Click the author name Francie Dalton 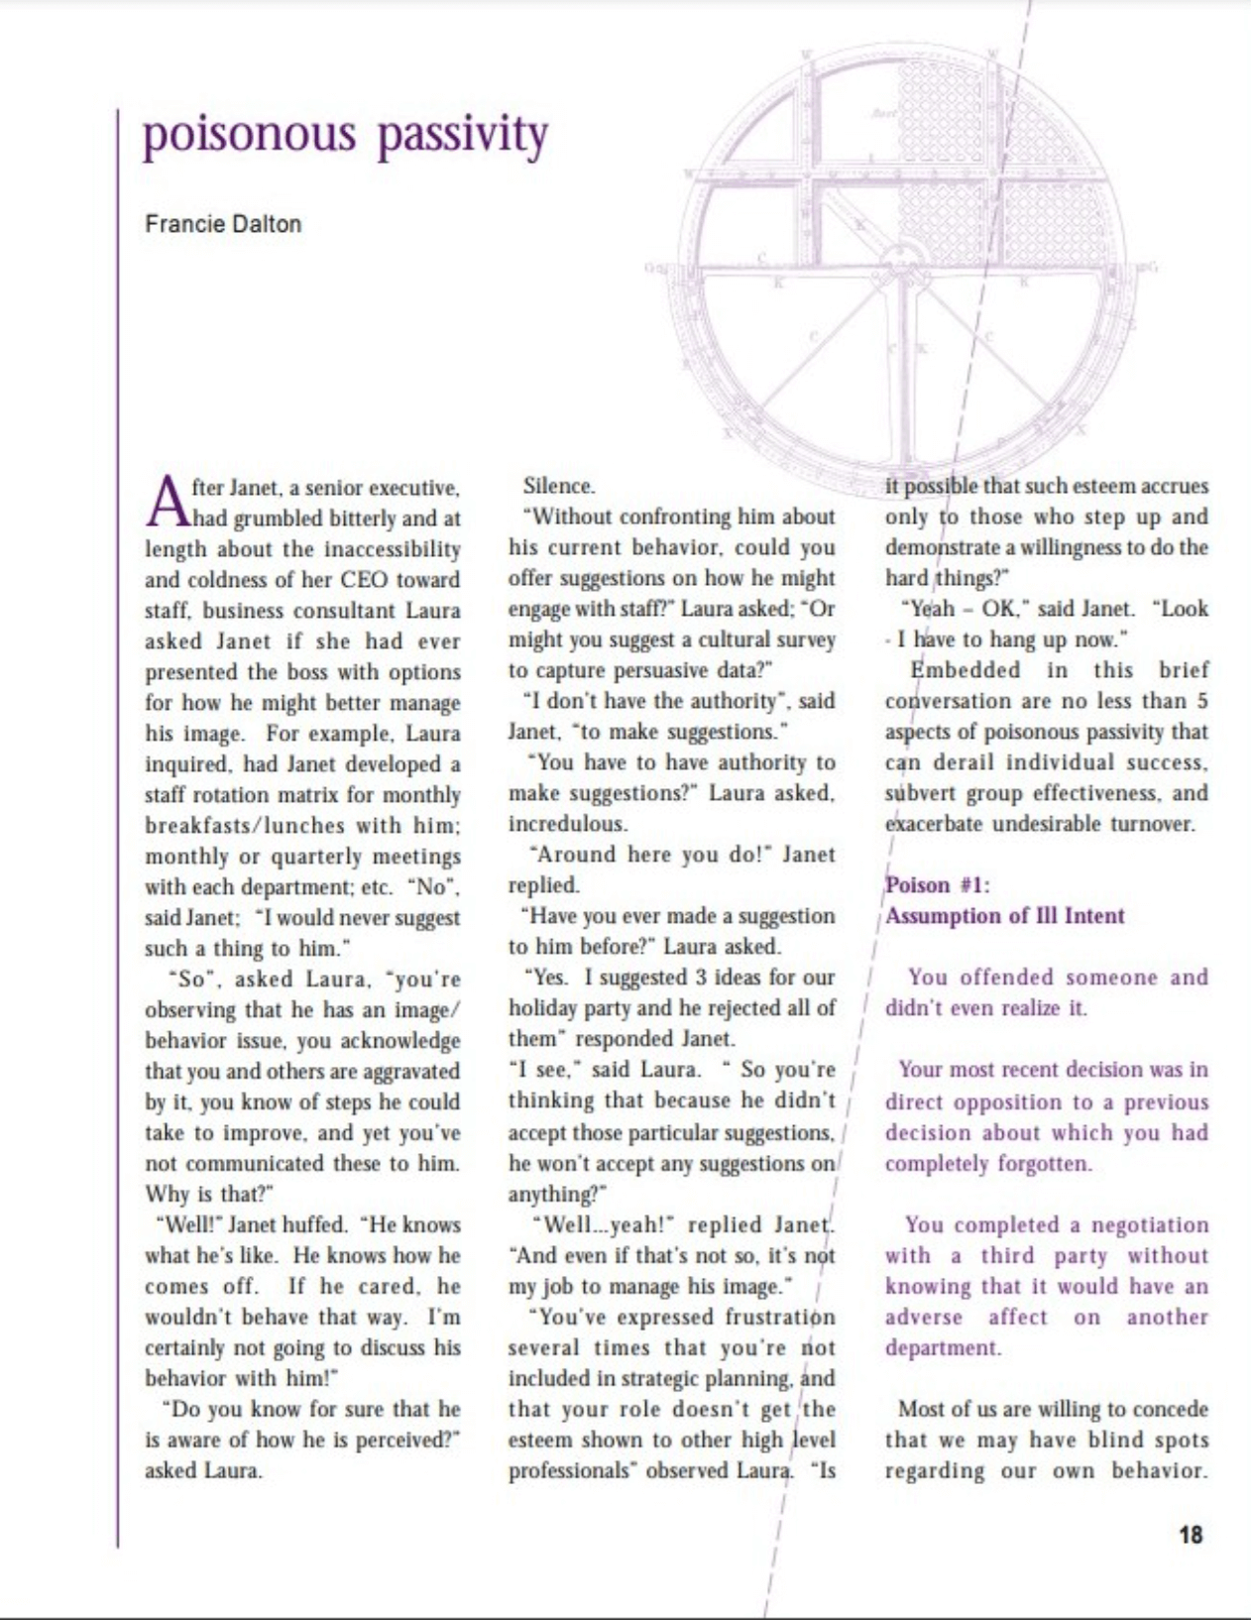tap(223, 224)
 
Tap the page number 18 tap(1191, 1534)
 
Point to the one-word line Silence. tap(559, 486)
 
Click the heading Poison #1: tap(937, 884)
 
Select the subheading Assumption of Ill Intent tap(1004, 915)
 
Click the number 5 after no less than tap(1201, 700)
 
